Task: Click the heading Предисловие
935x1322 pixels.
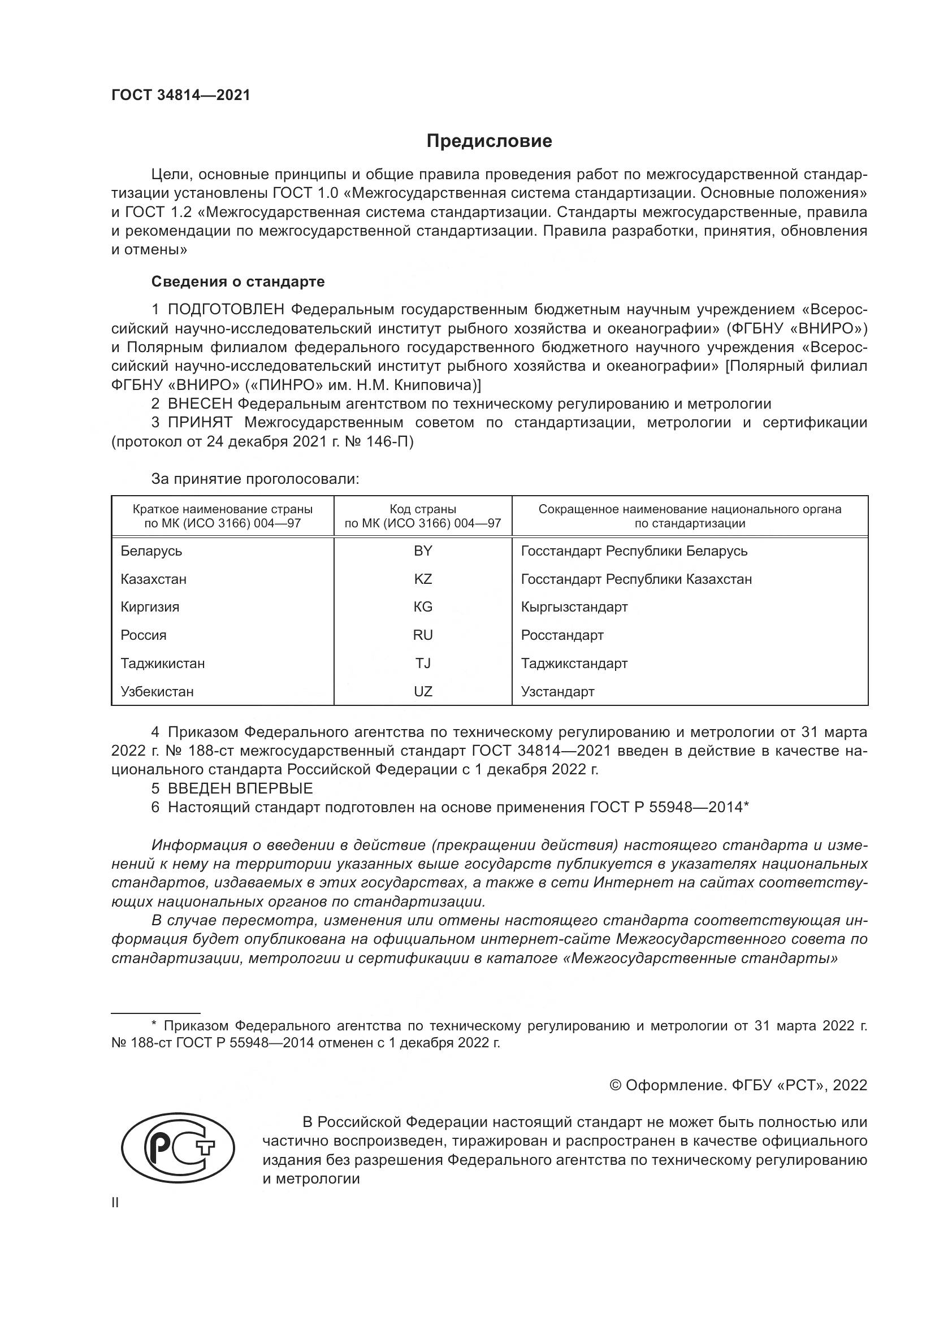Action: coord(489,141)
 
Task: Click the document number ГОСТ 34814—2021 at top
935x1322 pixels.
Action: coord(181,96)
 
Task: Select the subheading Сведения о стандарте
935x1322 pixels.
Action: coord(238,281)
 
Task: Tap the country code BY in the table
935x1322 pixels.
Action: coord(423,551)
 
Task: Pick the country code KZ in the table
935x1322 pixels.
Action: coord(423,579)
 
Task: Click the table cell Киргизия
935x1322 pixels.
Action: coord(150,607)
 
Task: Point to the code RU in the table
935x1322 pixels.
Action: coord(423,635)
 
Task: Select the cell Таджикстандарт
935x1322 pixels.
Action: coord(574,664)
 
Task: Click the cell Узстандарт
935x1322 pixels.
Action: coord(557,691)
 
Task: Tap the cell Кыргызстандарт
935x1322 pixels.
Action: coord(574,607)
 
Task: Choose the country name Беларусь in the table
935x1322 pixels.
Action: coord(151,551)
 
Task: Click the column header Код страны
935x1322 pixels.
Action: coord(423,510)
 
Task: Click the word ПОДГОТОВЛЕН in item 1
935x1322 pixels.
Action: coord(226,310)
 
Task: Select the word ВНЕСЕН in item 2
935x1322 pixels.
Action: coord(200,404)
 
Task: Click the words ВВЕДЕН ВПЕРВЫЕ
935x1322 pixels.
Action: coord(240,788)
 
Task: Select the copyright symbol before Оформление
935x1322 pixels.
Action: coord(616,1085)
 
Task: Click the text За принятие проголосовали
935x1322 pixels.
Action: coord(255,479)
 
